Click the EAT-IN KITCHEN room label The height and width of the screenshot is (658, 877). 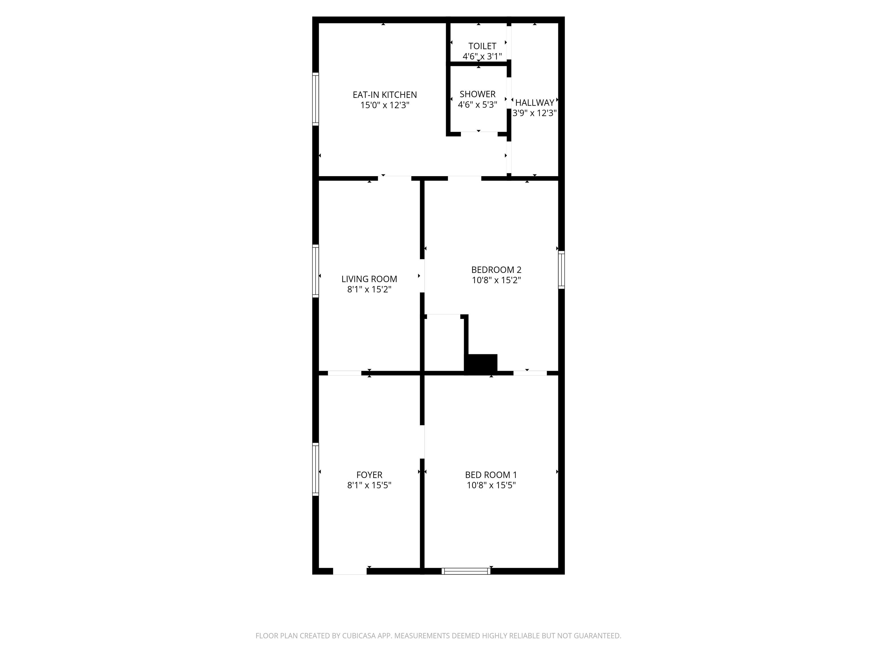[x=385, y=95]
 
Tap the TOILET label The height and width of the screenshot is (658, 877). [x=482, y=46]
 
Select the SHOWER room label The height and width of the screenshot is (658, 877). [x=477, y=94]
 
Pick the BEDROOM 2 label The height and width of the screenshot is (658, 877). [x=496, y=270]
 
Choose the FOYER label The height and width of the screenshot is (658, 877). [x=369, y=475]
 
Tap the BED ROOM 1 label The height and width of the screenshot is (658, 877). [x=491, y=475]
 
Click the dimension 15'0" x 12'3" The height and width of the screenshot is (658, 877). [x=385, y=105]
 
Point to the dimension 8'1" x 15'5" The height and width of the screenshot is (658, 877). [x=369, y=485]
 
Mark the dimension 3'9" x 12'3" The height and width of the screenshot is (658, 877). [x=534, y=113]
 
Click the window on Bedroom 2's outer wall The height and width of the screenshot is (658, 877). [x=561, y=270]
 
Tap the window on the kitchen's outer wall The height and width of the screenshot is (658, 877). [x=315, y=99]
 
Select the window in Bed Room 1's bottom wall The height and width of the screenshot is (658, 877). [x=466, y=571]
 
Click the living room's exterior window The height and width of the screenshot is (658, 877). [x=315, y=271]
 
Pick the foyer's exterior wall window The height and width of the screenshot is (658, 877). [x=315, y=470]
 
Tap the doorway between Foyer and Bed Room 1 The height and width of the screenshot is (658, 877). [x=422, y=442]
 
